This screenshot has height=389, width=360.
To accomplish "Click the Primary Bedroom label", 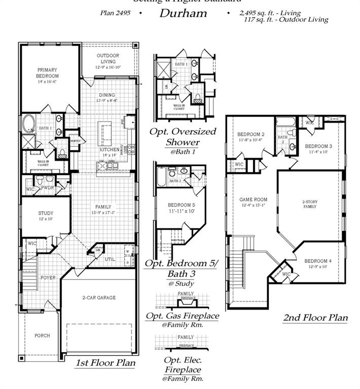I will coord(47,73).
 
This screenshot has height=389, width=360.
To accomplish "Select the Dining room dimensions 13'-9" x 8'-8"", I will coord(107,101).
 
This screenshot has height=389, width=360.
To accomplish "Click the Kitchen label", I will coord(109,150).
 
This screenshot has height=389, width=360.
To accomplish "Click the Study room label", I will coord(46,213).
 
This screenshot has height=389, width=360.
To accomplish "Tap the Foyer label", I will coord(48,278).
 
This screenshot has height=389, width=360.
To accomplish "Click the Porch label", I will coord(42,336).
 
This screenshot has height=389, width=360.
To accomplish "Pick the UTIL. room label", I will coord(110,259).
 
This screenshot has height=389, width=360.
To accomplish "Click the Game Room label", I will coord(253,200).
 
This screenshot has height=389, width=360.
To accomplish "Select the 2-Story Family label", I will coord(309,204).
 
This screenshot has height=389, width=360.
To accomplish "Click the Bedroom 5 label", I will coord(182,205).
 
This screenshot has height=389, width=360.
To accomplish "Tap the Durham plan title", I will coord(183,13).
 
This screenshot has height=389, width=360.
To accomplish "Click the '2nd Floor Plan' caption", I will coord(315,318).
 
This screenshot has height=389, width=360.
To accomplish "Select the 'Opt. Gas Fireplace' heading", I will coord(182,316).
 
